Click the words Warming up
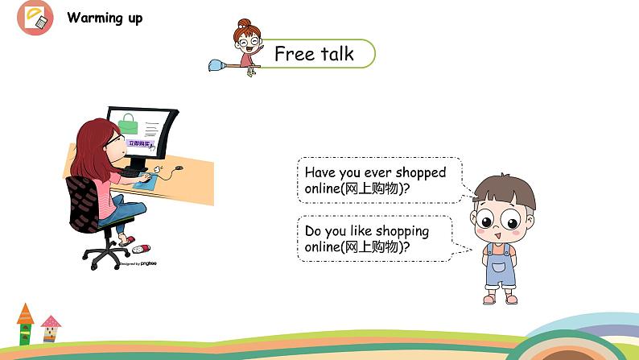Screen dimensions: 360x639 [x=105, y=18]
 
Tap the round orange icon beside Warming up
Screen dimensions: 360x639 [x=35, y=18]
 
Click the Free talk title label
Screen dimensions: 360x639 [x=314, y=54]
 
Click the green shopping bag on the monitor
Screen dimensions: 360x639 [x=128, y=122]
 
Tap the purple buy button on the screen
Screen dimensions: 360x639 [x=140, y=144]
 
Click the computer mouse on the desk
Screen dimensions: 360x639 [x=179, y=168]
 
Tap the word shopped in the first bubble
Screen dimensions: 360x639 [x=419, y=172]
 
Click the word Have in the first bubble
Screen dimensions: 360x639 [x=320, y=172]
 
